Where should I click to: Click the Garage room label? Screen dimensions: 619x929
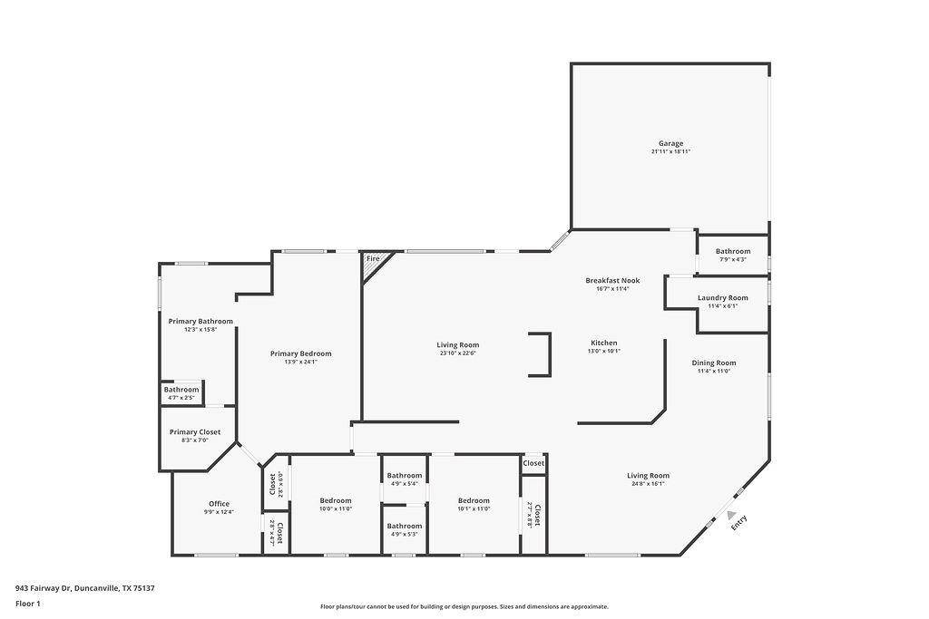pyautogui.click(x=670, y=143)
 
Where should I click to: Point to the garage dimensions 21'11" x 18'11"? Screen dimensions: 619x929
pyautogui.click(x=670, y=152)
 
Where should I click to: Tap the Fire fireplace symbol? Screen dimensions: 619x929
pyautogui.click(x=373, y=260)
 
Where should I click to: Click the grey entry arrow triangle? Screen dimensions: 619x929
pyautogui.click(x=731, y=514)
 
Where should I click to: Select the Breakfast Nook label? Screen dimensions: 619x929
pyautogui.click(x=612, y=281)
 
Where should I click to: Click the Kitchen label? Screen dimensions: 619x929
pyautogui.click(x=604, y=343)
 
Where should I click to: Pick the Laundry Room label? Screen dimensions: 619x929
pyautogui.click(x=722, y=297)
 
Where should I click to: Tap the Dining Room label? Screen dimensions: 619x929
pyautogui.click(x=715, y=363)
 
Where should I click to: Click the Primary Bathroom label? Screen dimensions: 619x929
pyautogui.click(x=200, y=321)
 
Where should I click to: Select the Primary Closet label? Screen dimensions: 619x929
pyautogui.click(x=195, y=432)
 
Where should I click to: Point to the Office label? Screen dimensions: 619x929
pyautogui.click(x=219, y=504)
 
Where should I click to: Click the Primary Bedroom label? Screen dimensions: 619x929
pyautogui.click(x=300, y=353)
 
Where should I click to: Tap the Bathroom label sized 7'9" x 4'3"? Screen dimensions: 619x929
pyautogui.click(x=732, y=251)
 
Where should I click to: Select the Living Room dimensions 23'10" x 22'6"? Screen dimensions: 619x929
pyautogui.click(x=457, y=353)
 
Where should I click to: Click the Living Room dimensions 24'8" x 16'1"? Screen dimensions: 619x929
pyautogui.click(x=648, y=484)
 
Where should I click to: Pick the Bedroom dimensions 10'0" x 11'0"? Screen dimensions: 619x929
pyautogui.click(x=335, y=509)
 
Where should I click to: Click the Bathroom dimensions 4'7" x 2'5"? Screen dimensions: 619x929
pyautogui.click(x=181, y=398)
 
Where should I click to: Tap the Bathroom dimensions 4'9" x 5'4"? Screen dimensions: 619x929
pyautogui.click(x=404, y=484)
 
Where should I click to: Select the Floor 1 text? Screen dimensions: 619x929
pyautogui.click(x=28, y=604)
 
